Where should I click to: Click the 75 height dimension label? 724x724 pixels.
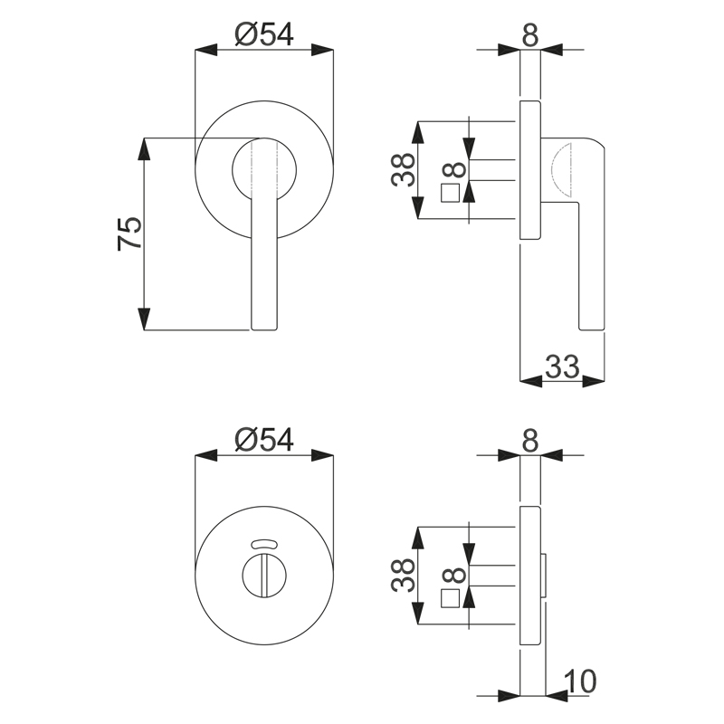coord(129,233)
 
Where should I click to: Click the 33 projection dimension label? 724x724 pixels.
coord(562,367)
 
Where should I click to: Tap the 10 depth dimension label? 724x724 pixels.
coord(580,681)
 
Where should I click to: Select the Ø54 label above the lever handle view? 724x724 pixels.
coord(264,34)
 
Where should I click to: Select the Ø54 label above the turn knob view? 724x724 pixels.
coord(264,440)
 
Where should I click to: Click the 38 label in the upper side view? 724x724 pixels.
coord(404,170)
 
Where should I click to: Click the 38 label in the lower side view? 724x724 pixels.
coord(404,576)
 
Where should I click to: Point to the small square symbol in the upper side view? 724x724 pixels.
coord(450,193)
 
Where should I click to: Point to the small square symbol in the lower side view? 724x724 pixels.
coord(450,598)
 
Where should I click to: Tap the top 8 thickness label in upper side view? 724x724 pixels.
coord(530,34)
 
